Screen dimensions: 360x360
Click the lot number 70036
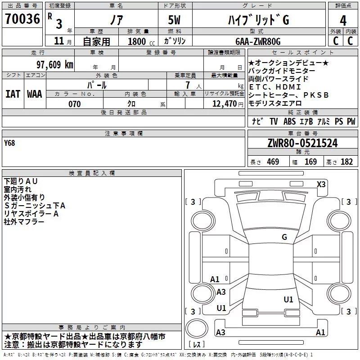(22, 19)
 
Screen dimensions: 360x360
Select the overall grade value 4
(343, 21)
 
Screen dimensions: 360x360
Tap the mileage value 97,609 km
(54, 65)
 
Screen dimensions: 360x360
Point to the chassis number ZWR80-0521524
(302, 143)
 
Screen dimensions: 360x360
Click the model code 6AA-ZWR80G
(258, 41)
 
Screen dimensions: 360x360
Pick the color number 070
(74, 104)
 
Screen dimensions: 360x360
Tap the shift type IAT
(13, 94)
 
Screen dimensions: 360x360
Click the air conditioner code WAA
(35, 94)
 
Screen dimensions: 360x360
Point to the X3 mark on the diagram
(321, 184)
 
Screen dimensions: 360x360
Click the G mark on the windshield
(284, 237)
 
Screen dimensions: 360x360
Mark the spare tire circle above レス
(197, 328)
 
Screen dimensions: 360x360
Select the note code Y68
(9, 143)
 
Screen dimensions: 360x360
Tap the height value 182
(346, 162)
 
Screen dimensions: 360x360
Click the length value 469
(273, 162)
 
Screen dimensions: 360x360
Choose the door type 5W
(174, 20)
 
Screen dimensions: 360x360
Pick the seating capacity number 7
(188, 85)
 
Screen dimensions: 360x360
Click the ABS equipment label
(289, 121)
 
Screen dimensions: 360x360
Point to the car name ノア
(117, 20)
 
